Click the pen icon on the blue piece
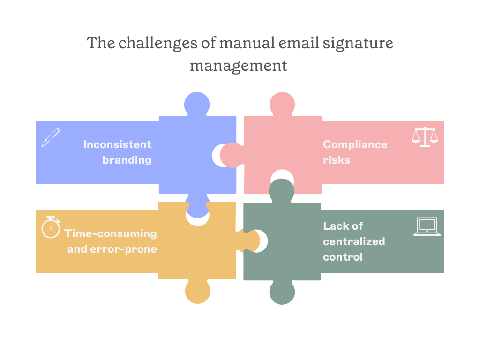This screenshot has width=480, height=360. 51,136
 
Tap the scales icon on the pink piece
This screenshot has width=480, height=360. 425,137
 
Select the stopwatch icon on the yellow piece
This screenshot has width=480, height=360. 51,227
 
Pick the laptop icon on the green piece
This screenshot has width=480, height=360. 427,226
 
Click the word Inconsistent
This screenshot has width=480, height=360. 117,144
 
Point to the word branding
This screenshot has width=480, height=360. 127,160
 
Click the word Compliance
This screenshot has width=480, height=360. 355,144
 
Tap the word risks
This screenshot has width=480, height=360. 336,160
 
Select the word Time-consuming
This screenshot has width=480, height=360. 111,233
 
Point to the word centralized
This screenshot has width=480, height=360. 354,241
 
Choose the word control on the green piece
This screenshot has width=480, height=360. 343,257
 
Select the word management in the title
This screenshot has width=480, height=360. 238,65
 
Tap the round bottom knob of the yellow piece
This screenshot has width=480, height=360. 197,292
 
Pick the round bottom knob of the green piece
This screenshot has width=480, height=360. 282,292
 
